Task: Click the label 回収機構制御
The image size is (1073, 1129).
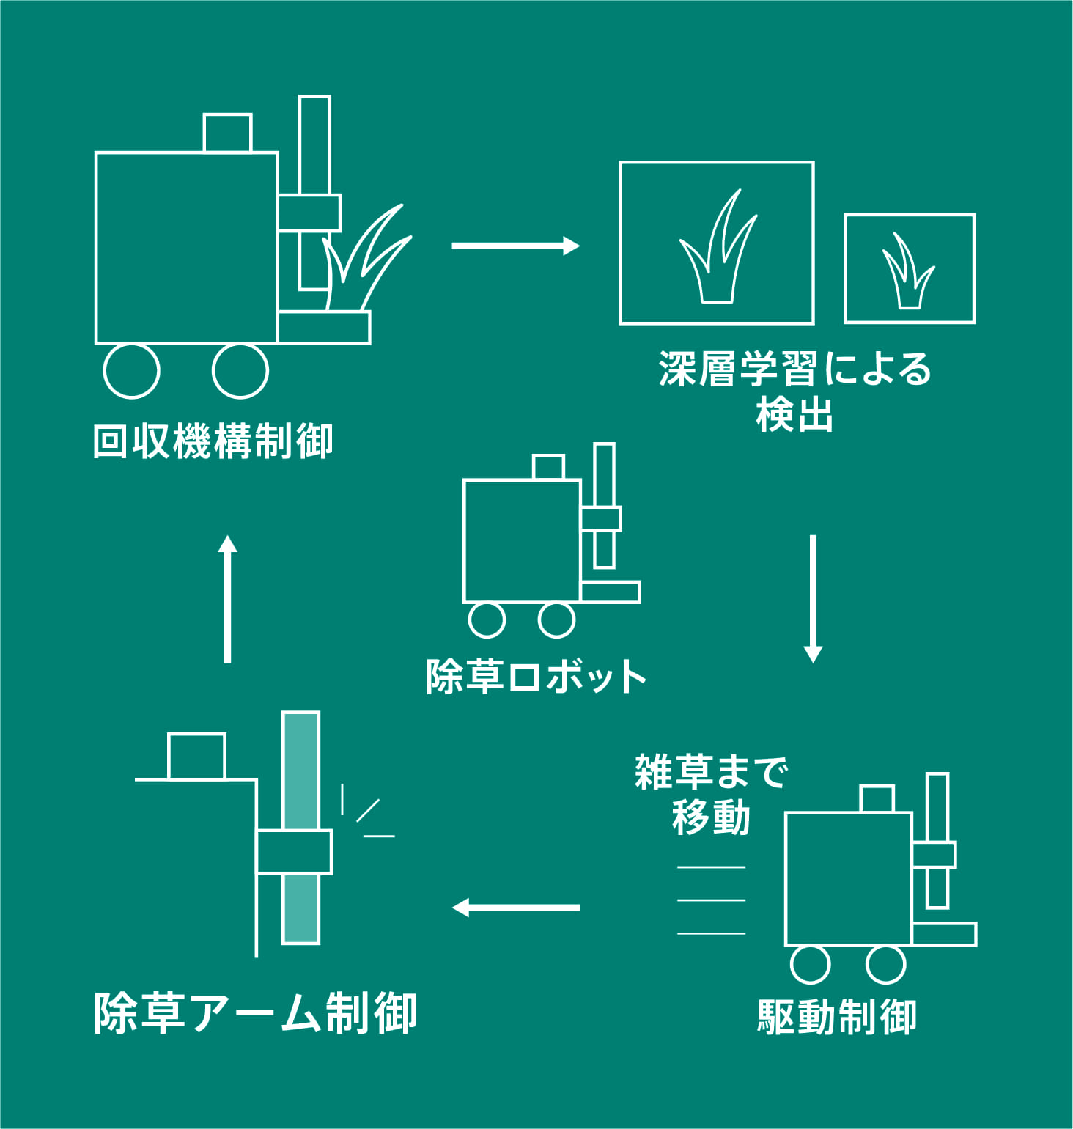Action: [213, 441]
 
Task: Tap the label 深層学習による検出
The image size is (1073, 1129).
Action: [795, 391]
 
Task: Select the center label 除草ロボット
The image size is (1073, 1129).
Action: [536, 676]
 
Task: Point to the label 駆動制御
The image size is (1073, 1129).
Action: [836, 1017]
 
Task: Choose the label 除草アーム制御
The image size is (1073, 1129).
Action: [255, 1013]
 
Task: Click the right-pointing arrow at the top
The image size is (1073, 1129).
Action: [515, 246]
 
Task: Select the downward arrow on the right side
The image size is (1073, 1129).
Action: [813, 598]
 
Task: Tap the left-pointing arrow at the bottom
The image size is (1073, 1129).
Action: [516, 908]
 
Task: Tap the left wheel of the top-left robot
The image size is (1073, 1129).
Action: [131, 371]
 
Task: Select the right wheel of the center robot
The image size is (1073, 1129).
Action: [556, 620]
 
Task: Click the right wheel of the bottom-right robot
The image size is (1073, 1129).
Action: [885, 964]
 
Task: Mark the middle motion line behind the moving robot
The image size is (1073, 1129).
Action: [711, 900]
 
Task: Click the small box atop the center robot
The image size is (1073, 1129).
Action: [548, 467]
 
